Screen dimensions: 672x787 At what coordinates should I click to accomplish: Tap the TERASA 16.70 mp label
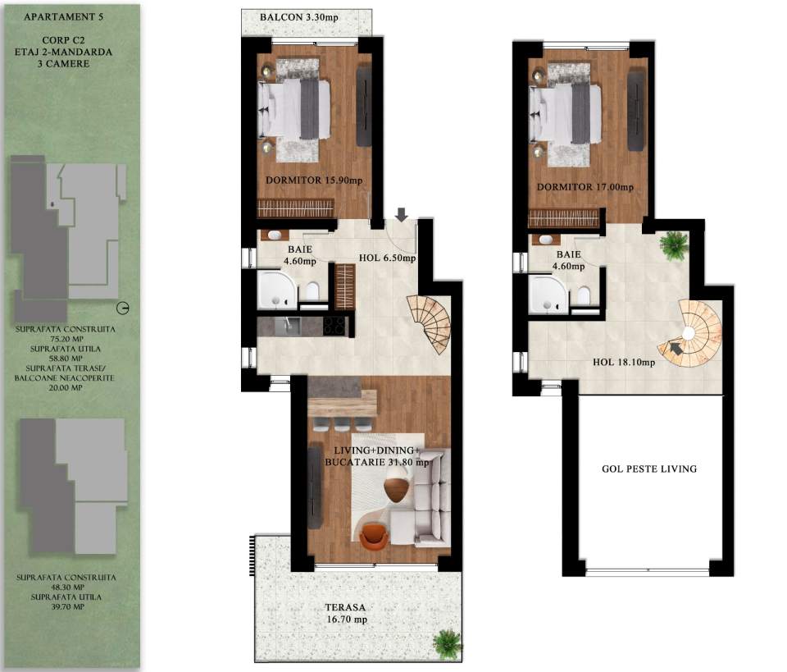point(345,613)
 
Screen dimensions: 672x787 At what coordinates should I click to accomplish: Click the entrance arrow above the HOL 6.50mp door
point(400,215)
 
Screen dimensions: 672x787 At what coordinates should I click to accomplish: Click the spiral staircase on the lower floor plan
point(431,322)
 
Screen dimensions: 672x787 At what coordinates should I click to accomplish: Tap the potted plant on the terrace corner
point(447,641)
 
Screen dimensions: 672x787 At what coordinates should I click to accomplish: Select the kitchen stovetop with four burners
point(335,326)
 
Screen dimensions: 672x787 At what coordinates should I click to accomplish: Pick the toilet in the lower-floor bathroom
point(312,291)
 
